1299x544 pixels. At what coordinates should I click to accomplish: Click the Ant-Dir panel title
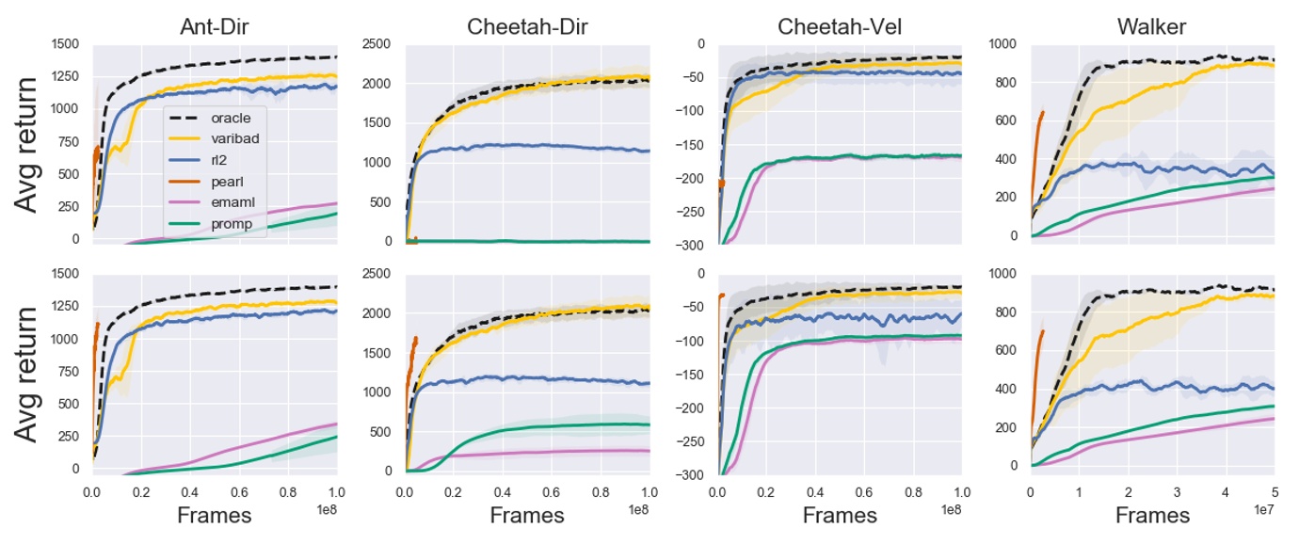[x=214, y=26]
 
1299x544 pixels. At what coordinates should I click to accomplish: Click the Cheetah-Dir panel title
[x=527, y=26]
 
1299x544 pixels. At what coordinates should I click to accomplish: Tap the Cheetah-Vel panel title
[x=840, y=26]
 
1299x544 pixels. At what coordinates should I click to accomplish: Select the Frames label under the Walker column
[x=1152, y=515]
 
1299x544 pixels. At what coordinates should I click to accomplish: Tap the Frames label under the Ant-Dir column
[x=214, y=515]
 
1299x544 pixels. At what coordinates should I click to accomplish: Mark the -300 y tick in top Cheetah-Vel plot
[x=694, y=245]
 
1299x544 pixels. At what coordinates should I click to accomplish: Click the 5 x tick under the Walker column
[x=1274, y=491]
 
